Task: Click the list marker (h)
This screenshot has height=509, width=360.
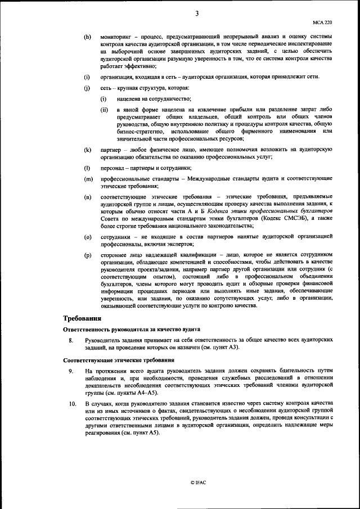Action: (87, 37)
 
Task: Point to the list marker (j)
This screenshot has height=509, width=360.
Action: (87, 88)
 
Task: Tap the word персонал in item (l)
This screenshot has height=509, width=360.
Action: (115, 169)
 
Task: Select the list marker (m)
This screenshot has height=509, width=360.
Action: (88, 179)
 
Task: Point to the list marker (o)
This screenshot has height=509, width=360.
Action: (87, 236)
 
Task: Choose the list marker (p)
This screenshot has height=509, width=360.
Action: (87, 255)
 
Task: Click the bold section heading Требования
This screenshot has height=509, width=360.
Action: (83, 318)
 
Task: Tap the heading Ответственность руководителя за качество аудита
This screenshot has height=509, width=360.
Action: (132, 329)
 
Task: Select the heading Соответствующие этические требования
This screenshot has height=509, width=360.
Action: (114, 359)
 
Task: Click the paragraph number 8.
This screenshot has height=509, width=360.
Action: (70, 341)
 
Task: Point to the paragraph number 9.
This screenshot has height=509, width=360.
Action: (70, 371)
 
